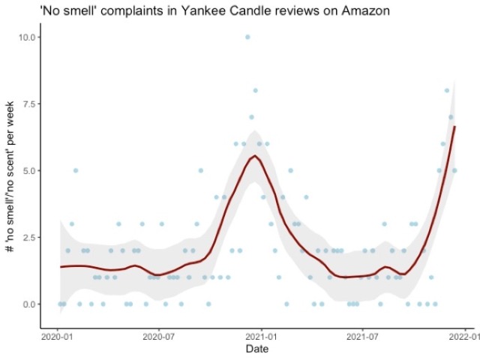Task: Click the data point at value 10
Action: [247, 37]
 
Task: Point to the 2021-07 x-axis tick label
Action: [362, 338]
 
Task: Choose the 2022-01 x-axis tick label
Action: [464, 338]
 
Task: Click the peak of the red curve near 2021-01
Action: [255, 156]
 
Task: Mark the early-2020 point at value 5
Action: [76, 170]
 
